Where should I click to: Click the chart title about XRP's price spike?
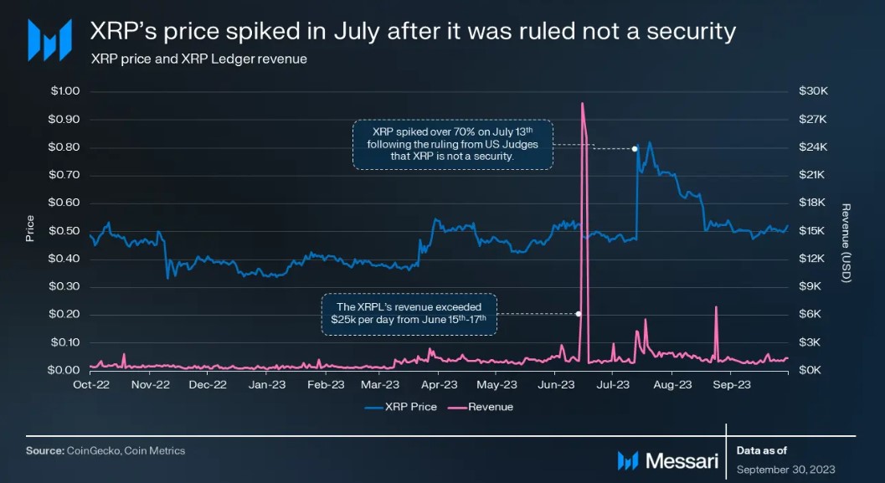pyautogui.click(x=413, y=32)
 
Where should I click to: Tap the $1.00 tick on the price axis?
pyautogui.click(x=64, y=91)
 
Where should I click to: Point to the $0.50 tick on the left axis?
pyautogui.click(x=64, y=231)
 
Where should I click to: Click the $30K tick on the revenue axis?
pyautogui.click(x=813, y=91)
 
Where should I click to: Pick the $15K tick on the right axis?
pyautogui.click(x=813, y=231)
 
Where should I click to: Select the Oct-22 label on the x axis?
pyautogui.click(x=90, y=386)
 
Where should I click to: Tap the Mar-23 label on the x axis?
pyautogui.click(x=381, y=386)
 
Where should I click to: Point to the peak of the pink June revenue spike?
pyautogui.click(x=581, y=103)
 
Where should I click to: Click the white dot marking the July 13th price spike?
pyautogui.click(x=635, y=149)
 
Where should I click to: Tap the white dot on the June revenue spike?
pyautogui.click(x=579, y=314)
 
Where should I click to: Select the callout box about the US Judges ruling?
pyautogui.click(x=452, y=144)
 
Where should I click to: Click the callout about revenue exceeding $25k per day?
pyautogui.click(x=409, y=314)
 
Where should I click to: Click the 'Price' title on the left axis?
pyautogui.click(x=30, y=229)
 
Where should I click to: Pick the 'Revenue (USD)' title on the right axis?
pyautogui.click(x=846, y=243)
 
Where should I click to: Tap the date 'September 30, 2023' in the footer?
pyautogui.click(x=785, y=469)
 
